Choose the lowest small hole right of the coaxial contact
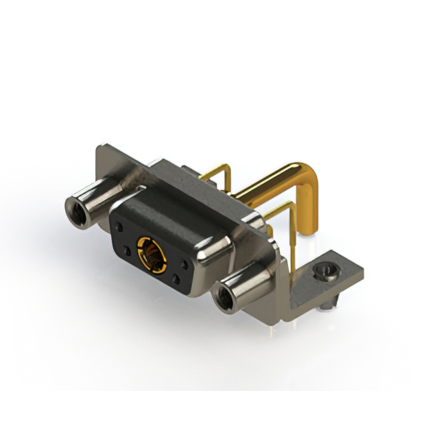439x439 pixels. (176, 279)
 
